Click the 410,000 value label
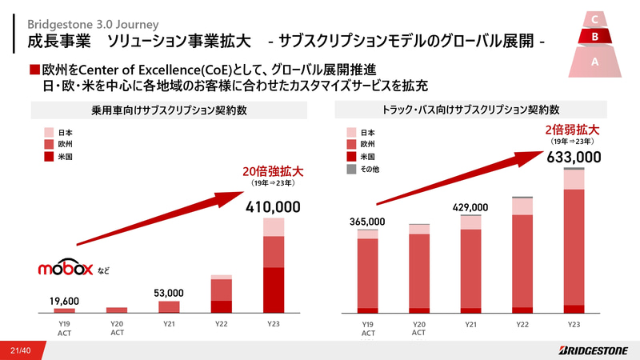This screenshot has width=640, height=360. click(274, 207)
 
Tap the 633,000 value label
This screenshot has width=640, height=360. click(574, 157)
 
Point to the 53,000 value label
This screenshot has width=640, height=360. click(169, 293)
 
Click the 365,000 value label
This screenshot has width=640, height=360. click(367, 222)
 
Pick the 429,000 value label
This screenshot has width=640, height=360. click(470, 207)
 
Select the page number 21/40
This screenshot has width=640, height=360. click(21, 350)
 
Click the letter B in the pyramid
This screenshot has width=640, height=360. click(594, 36)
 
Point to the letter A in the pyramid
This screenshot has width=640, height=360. click(594, 61)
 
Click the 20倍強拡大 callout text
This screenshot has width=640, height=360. click(274, 171)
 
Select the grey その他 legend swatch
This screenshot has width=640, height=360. click(350, 169)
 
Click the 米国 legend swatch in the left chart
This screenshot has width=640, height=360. click(50, 157)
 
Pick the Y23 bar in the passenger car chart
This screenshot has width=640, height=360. click(274, 264)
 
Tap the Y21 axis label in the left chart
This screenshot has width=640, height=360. click(169, 324)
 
